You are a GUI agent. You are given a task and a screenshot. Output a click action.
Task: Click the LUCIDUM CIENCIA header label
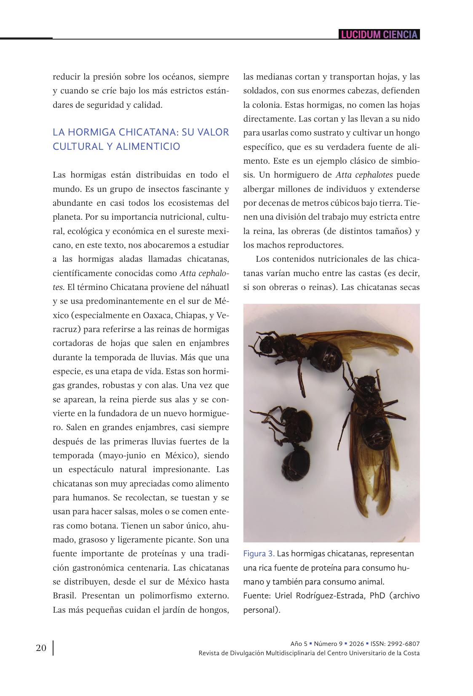click(x=379, y=35)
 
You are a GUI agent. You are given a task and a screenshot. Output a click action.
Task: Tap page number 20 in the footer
click(x=41, y=648)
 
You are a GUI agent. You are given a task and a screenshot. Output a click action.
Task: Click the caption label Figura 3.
click(x=259, y=553)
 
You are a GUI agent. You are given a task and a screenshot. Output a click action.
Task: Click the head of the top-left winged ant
click(x=266, y=345)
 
